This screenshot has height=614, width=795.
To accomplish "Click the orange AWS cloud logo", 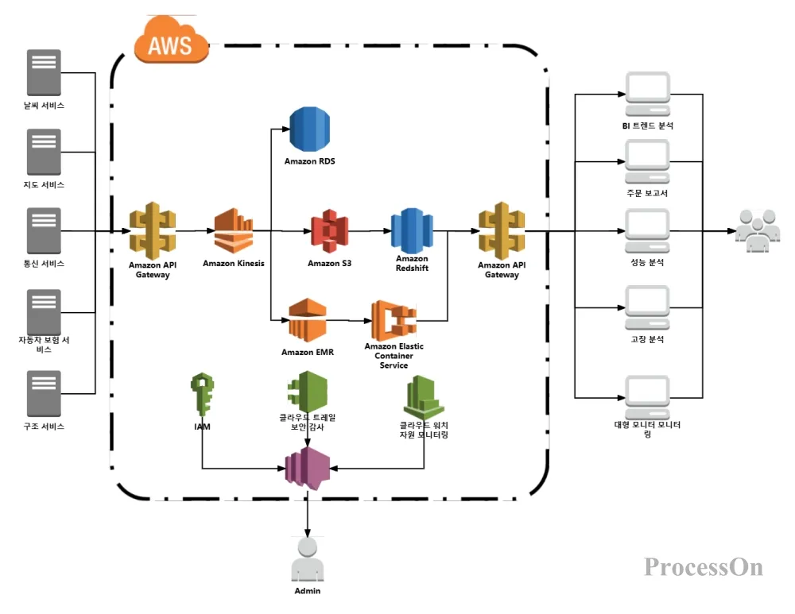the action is (171, 40).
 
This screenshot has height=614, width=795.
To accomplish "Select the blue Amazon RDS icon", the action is (309, 129).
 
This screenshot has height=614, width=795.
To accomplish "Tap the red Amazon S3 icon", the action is (330, 231).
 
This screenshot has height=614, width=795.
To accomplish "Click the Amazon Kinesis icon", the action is (234, 231).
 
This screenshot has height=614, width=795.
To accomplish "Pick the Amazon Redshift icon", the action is (412, 230).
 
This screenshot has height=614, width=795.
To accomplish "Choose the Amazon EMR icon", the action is (307, 320).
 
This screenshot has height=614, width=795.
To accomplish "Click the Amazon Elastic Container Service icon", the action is (394, 320).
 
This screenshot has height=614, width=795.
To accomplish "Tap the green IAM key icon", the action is (202, 395).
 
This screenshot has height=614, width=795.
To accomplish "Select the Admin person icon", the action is (307, 559).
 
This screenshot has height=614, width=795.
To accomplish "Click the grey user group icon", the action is (758, 230).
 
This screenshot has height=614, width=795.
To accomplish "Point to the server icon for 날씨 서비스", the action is (44, 72).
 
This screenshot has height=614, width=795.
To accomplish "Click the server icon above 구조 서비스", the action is (44, 394).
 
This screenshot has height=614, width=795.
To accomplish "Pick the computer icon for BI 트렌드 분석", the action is (647, 95).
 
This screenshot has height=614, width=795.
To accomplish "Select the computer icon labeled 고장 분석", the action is (647, 307).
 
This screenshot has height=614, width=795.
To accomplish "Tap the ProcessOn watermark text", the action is (704, 567).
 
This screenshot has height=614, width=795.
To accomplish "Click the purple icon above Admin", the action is (307, 469).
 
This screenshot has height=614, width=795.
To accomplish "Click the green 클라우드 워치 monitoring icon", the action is (424, 397).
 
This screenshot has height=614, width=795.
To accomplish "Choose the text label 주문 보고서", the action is (647, 193).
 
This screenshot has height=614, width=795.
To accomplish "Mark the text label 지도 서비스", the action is (44, 184).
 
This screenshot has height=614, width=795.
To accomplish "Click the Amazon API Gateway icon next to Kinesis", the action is (153, 231).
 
